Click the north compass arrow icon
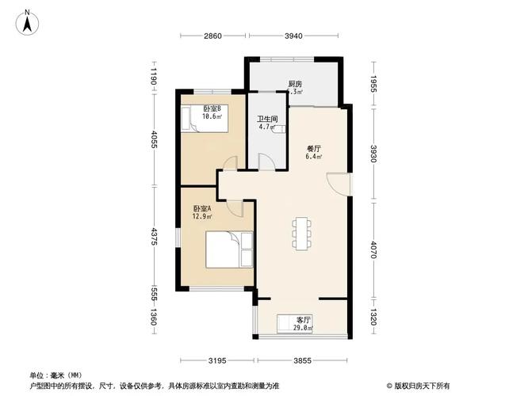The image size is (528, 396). pyautogui.click(x=27, y=22)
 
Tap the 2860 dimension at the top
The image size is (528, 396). pyautogui.click(x=212, y=36)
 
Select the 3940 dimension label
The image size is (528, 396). pyautogui.click(x=293, y=36)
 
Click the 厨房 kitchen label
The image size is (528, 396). pyautogui.click(x=295, y=84)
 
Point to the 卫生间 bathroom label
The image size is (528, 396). pyautogui.click(x=266, y=120)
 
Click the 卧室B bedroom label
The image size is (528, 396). pyautogui.click(x=212, y=109)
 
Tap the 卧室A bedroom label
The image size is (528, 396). pyautogui.click(x=202, y=209)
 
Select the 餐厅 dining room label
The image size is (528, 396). pyautogui.click(x=315, y=148)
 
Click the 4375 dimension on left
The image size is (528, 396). pyautogui.click(x=156, y=236)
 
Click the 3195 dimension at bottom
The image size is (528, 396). pyautogui.click(x=218, y=361)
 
